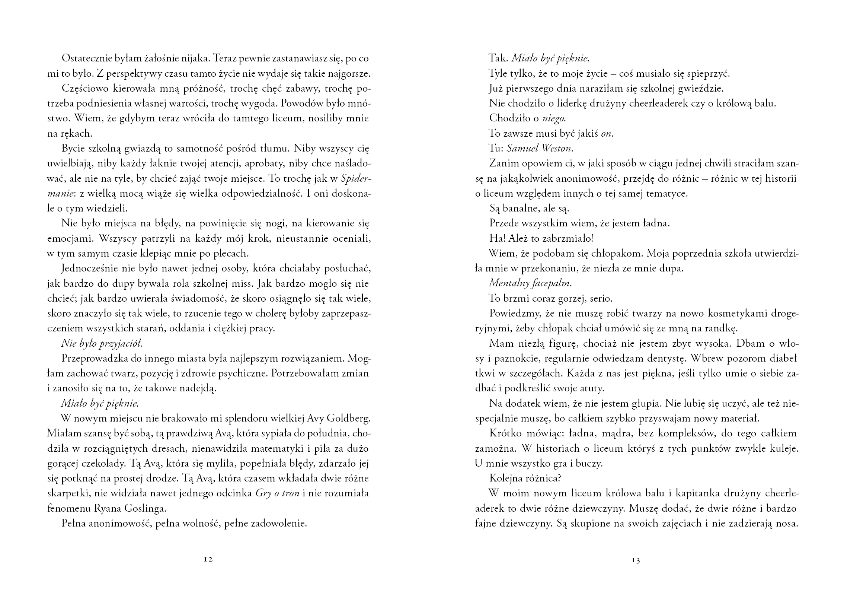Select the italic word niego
pos(554,118)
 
